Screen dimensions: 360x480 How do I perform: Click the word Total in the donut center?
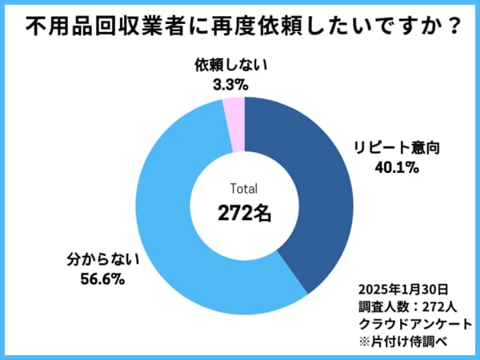[x=245, y=190]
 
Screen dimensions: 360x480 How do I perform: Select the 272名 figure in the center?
[x=245, y=214]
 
